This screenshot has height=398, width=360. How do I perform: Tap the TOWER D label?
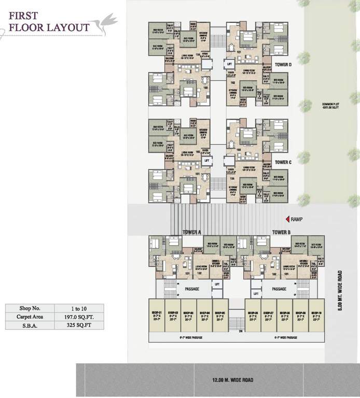(283, 65)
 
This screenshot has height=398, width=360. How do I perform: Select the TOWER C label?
(283, 162)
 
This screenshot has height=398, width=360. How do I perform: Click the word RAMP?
(297, 219)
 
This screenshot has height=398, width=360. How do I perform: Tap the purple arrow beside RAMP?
(287, 219)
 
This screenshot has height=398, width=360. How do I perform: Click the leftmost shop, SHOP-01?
(157, 316)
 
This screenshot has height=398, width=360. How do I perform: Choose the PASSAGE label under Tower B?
(280, 288)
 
